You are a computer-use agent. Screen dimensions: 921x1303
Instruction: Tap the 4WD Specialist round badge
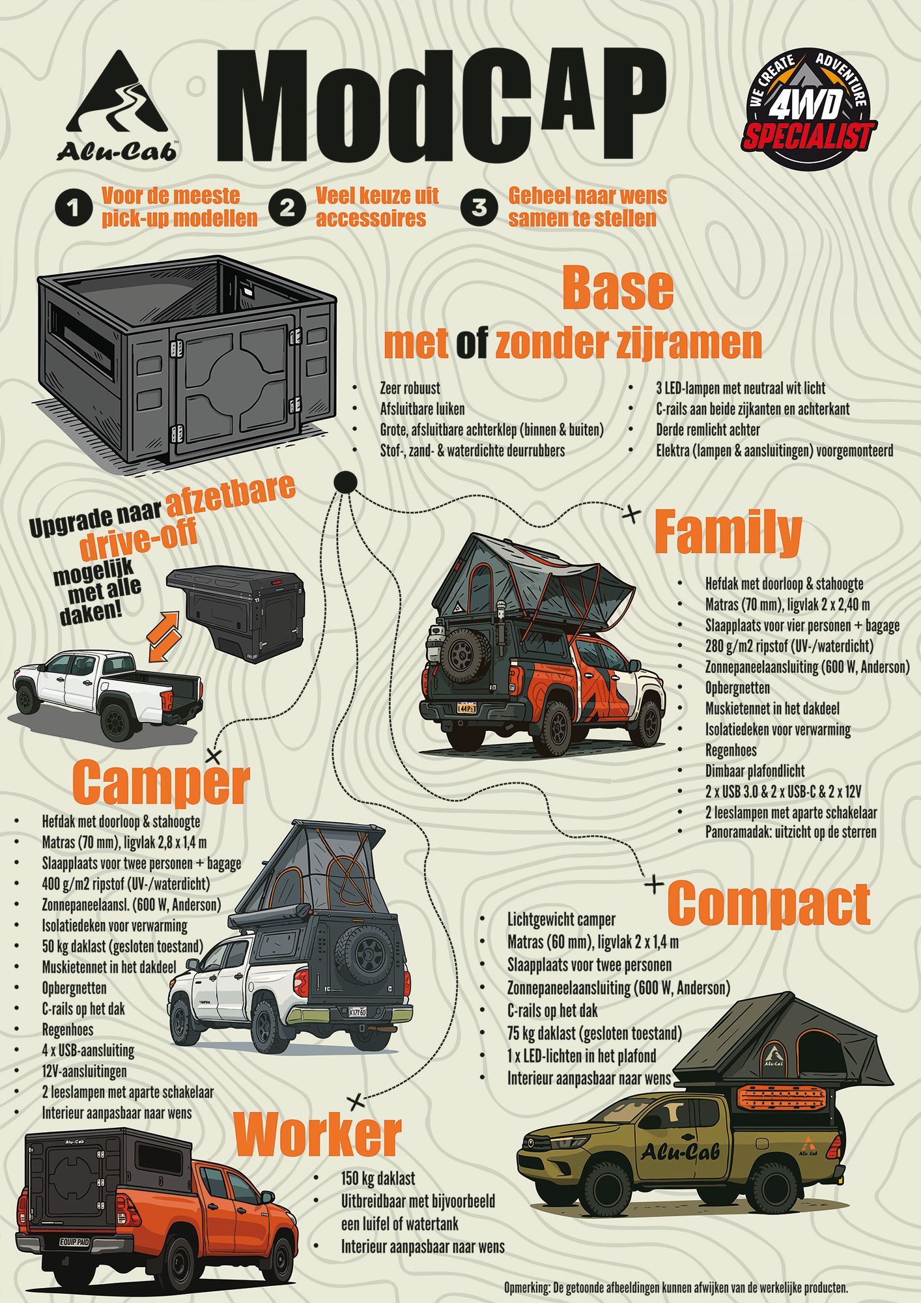pos(808,109)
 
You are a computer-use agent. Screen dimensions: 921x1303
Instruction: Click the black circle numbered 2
pos(287,207)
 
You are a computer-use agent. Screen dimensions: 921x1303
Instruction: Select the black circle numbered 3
pos(479,207)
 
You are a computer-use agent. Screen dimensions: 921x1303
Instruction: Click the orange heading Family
pos(727,533)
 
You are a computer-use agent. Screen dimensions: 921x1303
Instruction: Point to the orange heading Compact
pos(769,904)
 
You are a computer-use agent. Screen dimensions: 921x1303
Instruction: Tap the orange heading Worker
pos(317,1134)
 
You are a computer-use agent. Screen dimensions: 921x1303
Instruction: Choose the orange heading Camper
pos(161,783)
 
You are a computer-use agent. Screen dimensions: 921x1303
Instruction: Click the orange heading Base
pos(617,289)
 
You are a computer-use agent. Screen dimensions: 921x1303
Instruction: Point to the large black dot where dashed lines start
pos(345,483)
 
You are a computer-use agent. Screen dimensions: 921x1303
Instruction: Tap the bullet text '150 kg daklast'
pos(378,1179)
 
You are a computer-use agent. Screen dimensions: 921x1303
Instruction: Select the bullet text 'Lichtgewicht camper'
pos(561,919)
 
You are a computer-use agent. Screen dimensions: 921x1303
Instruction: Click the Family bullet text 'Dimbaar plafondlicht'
pos(755,771)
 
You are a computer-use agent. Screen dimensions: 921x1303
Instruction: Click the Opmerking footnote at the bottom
pos(675,1287)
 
